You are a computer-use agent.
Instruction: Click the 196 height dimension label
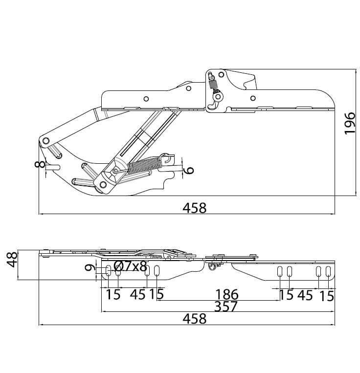(350, 124)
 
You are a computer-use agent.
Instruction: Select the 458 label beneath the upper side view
(194, 208)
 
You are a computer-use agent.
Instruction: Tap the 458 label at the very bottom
(194, 319)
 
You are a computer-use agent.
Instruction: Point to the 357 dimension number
(226, 307)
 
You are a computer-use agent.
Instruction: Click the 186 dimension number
(226, 294)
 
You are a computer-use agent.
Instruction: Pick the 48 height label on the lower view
(12, 259)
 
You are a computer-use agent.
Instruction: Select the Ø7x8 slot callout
(130, 266)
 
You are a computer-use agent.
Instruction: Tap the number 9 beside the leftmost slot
(90, 268)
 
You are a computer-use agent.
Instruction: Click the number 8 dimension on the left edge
(40, 164)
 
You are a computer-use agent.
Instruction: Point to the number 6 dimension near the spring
(189, 170)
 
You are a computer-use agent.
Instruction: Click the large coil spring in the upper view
(145, 165)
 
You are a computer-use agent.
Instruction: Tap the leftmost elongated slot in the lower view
(108, 271)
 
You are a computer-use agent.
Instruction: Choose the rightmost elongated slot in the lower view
(328, 271)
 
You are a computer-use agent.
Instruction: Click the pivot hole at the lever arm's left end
(45, 141)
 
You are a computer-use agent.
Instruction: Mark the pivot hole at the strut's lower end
(103, 185)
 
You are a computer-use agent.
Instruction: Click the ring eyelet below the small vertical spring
(218, 96)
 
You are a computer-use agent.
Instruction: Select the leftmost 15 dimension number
(113, 294)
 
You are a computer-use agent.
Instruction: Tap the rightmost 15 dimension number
(326, 296)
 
